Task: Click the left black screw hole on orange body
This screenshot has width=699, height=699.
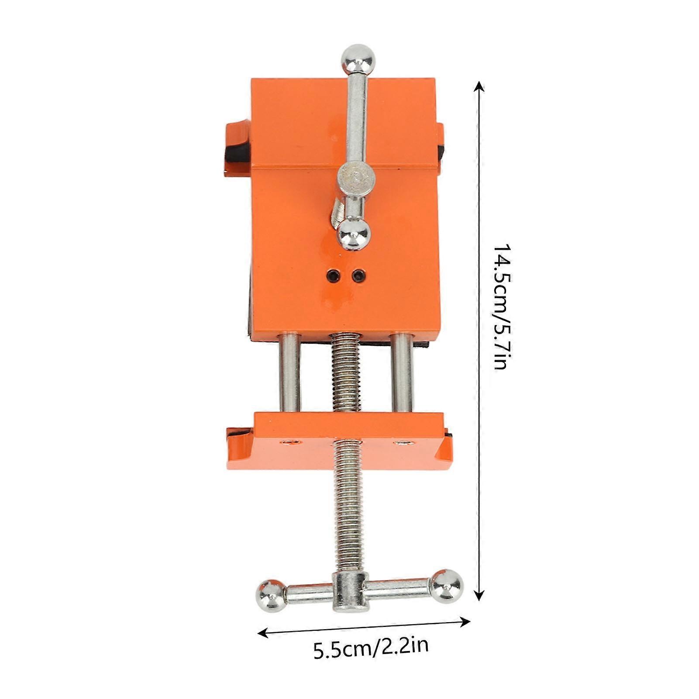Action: tap(333, 275)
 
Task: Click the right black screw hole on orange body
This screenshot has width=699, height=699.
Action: tap(358, 275)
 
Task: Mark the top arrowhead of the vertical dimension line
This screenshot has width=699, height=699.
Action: tap(479, 86)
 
